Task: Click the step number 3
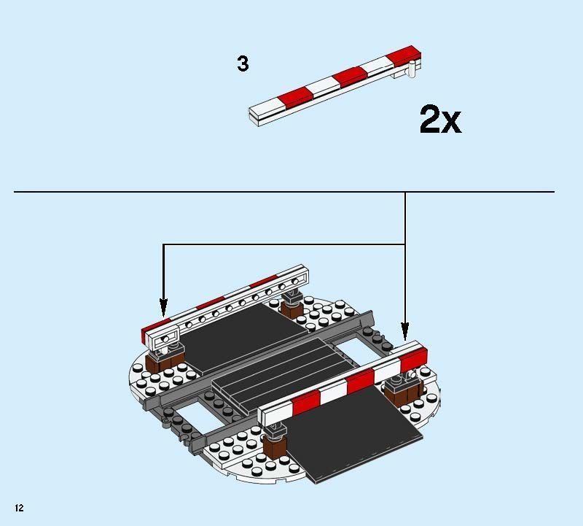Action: click(x=243, y=64)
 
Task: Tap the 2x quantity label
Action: click(x=439, y=119)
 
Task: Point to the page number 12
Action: click(x=19, y=508)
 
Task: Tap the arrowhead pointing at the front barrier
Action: click(x=405, y=332)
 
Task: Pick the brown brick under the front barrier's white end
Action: click(x=276, y=446)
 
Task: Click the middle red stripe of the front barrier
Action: click(x=360, y=382)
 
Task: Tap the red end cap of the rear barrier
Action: click(x=154, y=330)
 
